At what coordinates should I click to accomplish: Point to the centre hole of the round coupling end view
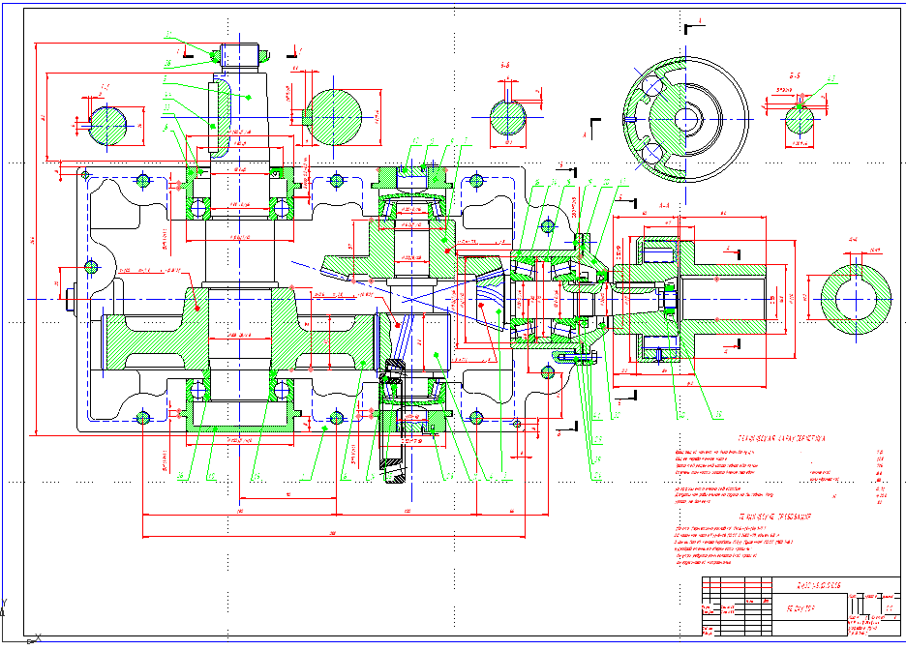point(686,119)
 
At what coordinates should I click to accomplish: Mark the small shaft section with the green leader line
point(800,117)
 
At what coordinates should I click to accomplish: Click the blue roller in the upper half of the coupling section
point(659,253)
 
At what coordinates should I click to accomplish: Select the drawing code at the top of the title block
point(809,584)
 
